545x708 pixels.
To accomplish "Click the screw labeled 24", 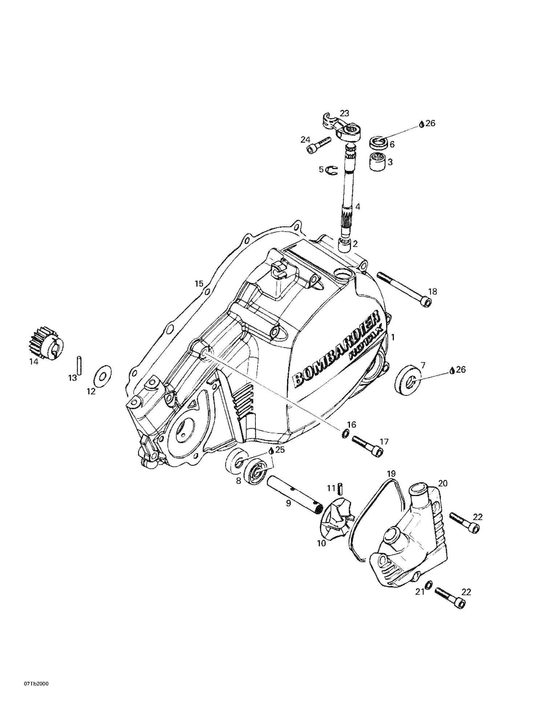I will pyautogui.click(x=320, y=144).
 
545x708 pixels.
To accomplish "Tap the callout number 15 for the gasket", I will pyautogui.click(x=199, y=284).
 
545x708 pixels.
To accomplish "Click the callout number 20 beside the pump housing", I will pyautogui.click(x=443, y=483).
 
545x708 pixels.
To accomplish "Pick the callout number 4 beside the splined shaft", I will pyautogui.click(x=358, y=207).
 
